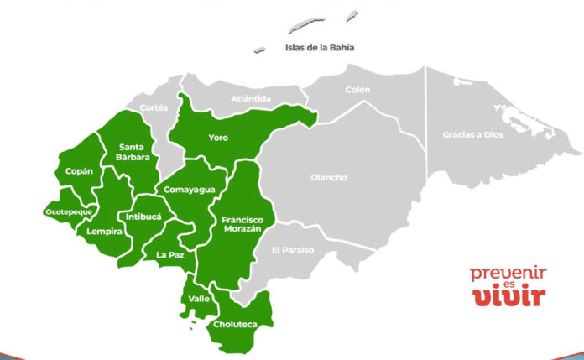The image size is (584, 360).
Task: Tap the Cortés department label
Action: tap(154, 107)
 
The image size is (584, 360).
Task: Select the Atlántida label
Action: tap(251, 99)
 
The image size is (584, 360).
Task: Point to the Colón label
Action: tap(357, 90)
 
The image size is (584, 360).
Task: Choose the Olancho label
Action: tap(328, 177)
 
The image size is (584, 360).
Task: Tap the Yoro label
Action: tap(218, 138)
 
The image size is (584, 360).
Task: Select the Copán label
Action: tap(80, 171)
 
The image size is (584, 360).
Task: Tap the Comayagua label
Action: tap(189, 190)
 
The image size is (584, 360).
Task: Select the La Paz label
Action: tap(170, 254)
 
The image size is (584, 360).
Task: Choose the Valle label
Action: tap(200, 299)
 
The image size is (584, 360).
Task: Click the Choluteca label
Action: tap(234, 324)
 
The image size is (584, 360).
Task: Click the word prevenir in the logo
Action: tap(508, 273)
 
